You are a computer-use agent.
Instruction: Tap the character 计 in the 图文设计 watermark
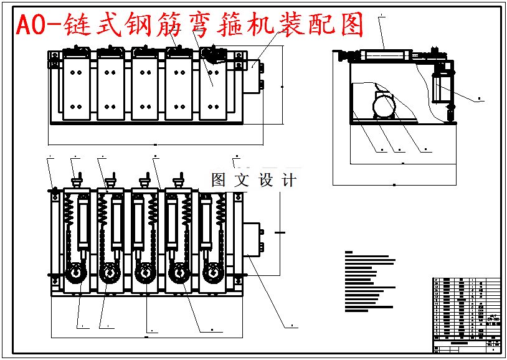click(x=289, y=181)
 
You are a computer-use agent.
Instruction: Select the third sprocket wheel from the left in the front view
click(x=146, y=274)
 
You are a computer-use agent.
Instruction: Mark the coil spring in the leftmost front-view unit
click(x=69, y=224)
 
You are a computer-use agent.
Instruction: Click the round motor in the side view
click(x=383, y=105)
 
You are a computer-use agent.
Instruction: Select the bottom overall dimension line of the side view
click(x=394, y=185)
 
